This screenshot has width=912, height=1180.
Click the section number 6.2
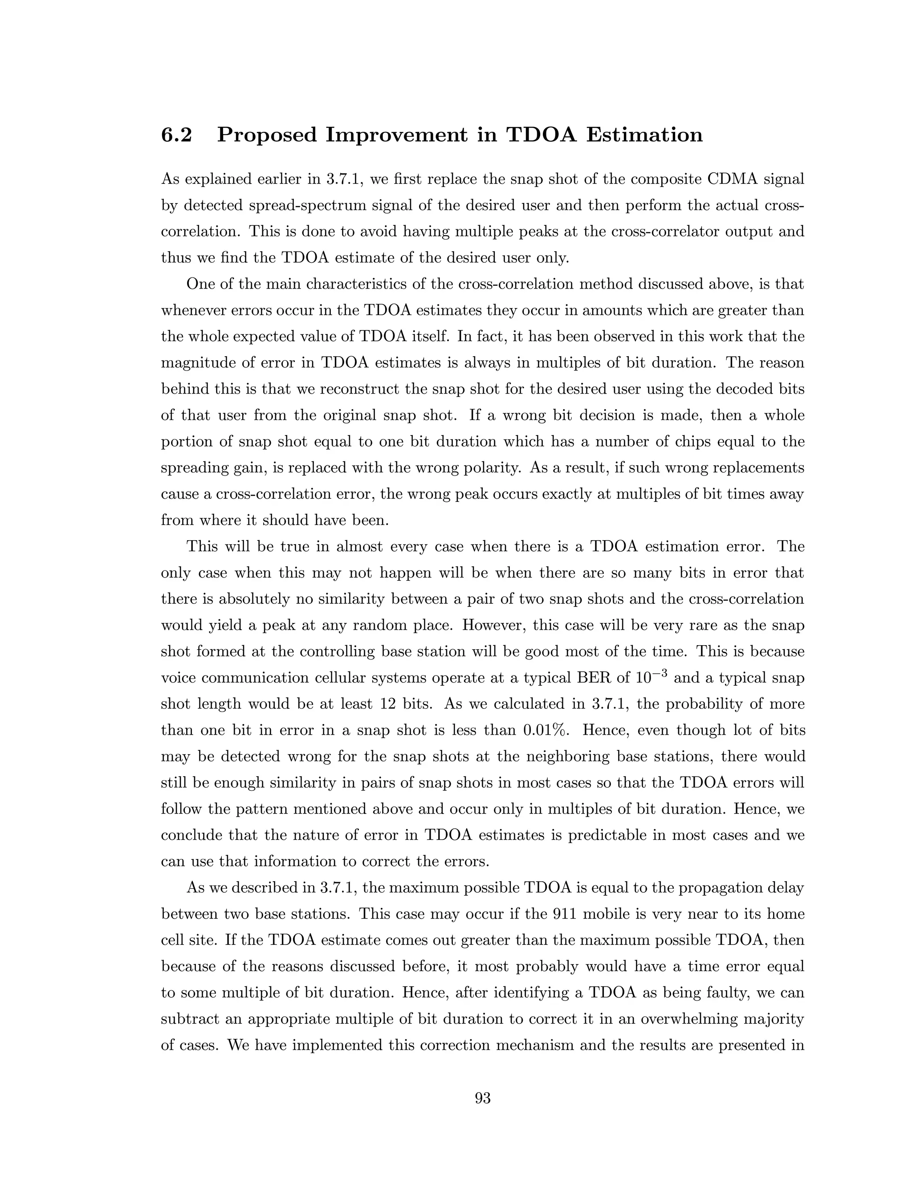coord(176,134)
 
